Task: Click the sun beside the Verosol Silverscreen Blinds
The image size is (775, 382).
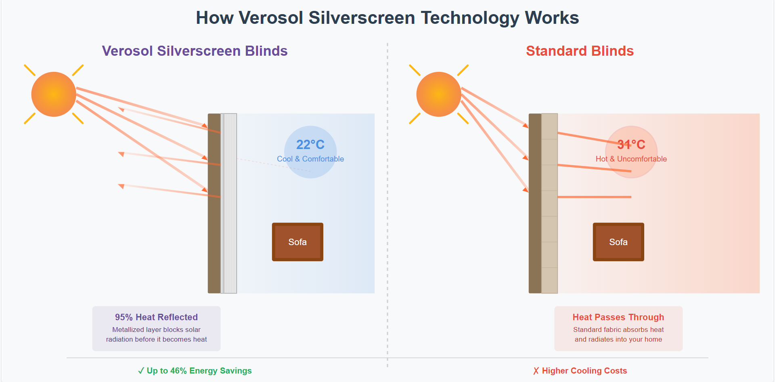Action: (54, 94)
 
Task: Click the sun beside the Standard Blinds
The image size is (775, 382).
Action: (439, 94)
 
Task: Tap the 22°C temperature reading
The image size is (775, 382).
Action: (310, 145)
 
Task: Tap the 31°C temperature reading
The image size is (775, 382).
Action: (631, 145)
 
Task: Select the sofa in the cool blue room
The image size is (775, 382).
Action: (297, 242)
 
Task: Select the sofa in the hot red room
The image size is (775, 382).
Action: (618, 242)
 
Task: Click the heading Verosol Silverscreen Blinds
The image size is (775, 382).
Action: (195, 51)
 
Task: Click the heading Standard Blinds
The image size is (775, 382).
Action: (580, 51)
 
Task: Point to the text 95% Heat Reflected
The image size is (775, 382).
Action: (156, 317)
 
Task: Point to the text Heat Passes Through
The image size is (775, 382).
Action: (618, 317)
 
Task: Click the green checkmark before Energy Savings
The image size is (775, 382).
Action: (141, 371)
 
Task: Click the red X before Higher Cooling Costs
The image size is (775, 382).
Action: (536, 371)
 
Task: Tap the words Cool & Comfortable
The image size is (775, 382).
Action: (310, 159)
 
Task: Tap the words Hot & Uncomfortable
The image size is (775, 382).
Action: (631, 159)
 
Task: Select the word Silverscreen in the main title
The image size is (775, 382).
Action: (362, 18)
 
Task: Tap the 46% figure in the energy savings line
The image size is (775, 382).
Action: (178, 371)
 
